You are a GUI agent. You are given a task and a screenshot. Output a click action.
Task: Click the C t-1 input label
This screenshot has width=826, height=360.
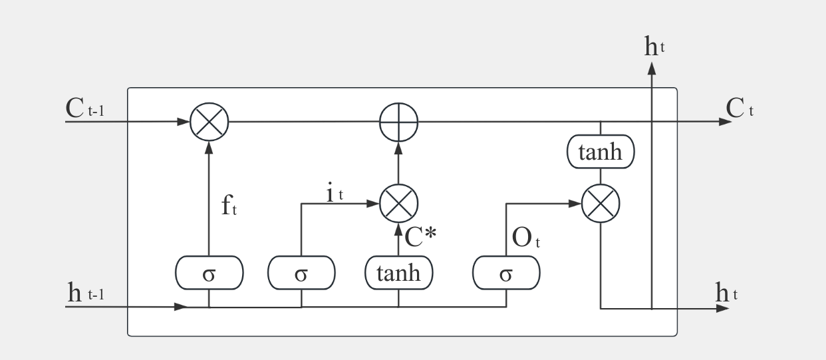pos(84,110)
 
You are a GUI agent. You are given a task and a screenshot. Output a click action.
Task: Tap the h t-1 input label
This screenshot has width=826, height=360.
pos(85,293)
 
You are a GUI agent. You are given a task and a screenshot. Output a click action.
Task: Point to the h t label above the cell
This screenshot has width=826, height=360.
pos(654,46)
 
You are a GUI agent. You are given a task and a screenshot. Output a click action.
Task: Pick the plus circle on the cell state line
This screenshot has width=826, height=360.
pos(398,122)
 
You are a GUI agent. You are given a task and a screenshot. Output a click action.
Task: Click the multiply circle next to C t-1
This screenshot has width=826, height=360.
pos(209,122)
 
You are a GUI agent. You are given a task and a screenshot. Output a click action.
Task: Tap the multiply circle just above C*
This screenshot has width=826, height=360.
pos(398,203)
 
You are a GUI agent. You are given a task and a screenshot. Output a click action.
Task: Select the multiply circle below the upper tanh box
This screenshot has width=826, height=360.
pos(601,203)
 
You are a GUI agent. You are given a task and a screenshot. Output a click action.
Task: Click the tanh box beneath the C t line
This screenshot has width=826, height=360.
pos(601,152)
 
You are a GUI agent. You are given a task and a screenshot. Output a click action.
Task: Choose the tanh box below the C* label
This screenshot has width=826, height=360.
pos(398,273)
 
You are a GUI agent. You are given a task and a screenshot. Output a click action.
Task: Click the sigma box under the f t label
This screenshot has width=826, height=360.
pos(209,273)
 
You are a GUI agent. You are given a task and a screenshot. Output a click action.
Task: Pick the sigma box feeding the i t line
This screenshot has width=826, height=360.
pos(301,273)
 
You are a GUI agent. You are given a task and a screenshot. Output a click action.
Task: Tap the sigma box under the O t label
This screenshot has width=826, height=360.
pos(506,273)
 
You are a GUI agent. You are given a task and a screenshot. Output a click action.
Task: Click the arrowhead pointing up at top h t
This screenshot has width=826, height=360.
pos(652,67)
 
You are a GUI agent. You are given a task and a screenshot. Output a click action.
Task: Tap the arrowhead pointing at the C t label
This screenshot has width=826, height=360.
pos(724,122)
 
